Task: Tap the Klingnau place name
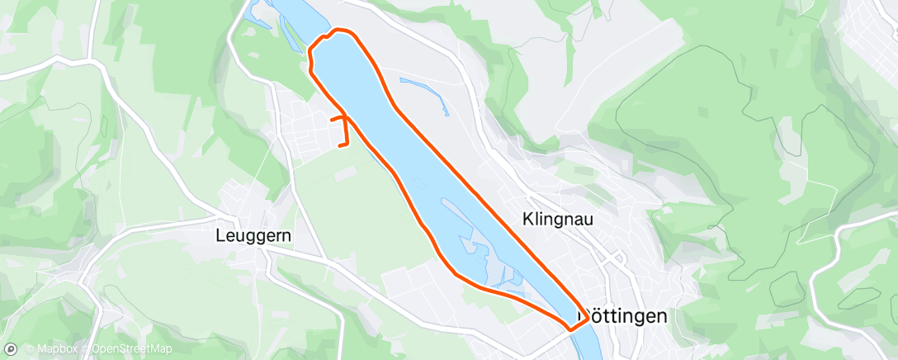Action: coord(559,220)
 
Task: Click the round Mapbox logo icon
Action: coord(11,349)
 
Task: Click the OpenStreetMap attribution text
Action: coord(132,349)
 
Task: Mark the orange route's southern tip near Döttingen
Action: coord(570,330)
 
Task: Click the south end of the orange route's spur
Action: coord(341,146)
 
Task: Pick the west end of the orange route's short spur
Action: coord(332,120)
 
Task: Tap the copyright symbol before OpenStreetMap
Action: coord(87,349)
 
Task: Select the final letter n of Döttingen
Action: coord(660,316)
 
